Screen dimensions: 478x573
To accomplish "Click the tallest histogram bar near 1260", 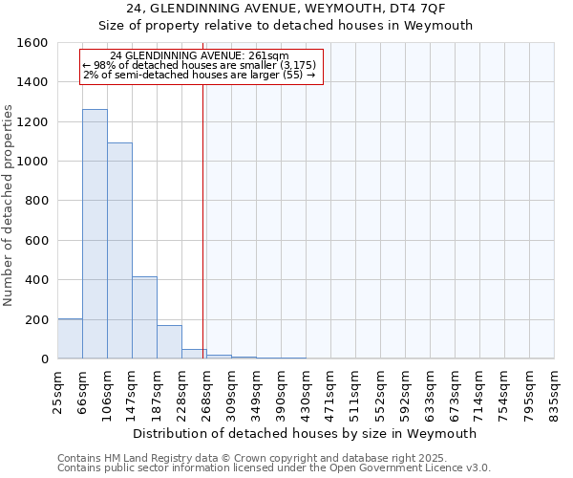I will coord(95,234).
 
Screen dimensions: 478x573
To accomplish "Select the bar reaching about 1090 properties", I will coord(119,250).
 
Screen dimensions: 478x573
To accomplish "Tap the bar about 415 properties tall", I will coord(144,317).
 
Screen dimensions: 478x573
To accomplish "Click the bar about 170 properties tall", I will coord(169,342).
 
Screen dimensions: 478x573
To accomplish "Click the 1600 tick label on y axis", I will coord(32,43).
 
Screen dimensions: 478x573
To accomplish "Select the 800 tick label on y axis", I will coord(36,201).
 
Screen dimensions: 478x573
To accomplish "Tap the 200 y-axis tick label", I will coord(36,319).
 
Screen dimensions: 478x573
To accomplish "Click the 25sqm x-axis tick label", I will coord(58,389).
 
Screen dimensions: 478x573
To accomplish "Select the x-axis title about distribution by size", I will coord(306,433).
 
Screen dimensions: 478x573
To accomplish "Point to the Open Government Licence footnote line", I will coord(274,468).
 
